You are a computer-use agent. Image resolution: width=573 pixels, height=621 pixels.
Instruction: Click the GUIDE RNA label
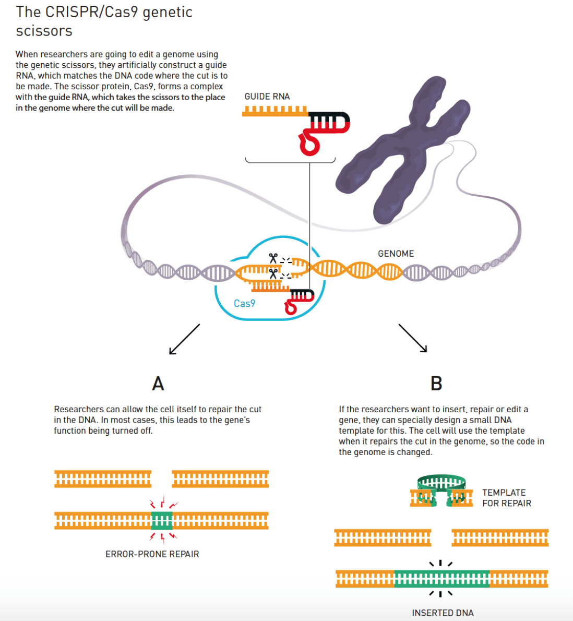click(x=267, y=97)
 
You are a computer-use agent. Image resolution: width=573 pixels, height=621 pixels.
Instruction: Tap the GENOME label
click(x=396, y=254)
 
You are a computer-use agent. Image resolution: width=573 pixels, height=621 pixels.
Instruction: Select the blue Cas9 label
click(x=244, y=303)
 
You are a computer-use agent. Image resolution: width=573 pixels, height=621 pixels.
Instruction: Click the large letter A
click(x=158, y=384)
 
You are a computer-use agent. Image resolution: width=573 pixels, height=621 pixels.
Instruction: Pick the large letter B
click(x=436, y=384)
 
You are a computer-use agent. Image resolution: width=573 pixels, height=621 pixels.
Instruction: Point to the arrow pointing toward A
click(x=184, y=339)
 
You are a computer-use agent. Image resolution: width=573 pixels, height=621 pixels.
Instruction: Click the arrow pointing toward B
click(x=413, y=338)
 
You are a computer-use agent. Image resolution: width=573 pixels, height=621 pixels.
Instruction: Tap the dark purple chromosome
click(x=402, y=151)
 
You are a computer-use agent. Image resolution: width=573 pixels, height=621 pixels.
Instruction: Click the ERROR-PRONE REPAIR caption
click(x=152, y=554)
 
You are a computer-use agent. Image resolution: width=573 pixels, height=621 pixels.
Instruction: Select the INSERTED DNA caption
click(x=443, y=613)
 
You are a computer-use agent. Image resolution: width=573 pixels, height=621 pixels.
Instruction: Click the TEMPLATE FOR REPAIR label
click(x=506, y=498)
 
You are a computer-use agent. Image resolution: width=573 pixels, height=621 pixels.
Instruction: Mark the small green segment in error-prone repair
click(x=161, y=520)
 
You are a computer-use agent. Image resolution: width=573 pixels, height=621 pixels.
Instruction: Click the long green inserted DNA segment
click(x=441, y=579)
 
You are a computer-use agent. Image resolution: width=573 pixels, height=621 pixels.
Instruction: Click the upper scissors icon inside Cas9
click(x=273, y=258)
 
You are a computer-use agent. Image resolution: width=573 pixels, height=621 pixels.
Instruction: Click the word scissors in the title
click(x=44, y=31)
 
